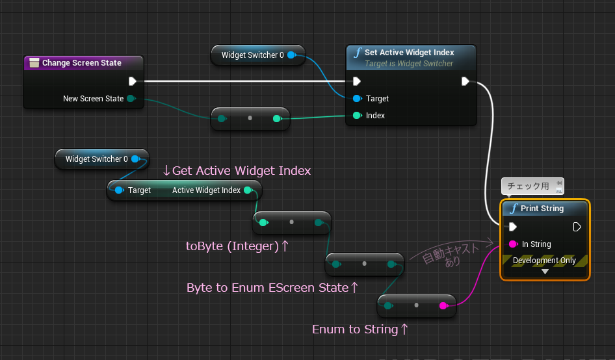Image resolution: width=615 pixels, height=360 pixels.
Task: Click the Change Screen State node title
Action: point(81,63)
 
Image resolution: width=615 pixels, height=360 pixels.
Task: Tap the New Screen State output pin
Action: point(131,98)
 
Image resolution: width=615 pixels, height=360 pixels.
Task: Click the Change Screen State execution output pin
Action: point(133,81)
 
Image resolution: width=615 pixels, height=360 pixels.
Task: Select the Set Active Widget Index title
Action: point(409,53)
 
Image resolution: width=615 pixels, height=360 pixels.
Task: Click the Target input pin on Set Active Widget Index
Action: point(357,98)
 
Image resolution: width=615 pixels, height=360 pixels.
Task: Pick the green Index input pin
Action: point(357,115)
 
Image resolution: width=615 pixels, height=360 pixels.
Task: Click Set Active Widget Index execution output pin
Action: point(465,81)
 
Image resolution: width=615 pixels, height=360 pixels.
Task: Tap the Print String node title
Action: point(542,209)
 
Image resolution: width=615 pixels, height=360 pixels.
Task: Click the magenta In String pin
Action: point(513,244)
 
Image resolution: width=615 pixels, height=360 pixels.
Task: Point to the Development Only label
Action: point(544,261)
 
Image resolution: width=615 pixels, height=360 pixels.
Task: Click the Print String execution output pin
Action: point(577,227)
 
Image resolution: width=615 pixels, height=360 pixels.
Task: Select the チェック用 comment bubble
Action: point(532,186)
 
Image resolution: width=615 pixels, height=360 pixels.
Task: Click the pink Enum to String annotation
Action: point(360,329)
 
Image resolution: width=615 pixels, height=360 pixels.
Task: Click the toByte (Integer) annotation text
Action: point(237,246)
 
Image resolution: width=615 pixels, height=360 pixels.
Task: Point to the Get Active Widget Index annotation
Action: point(237,171)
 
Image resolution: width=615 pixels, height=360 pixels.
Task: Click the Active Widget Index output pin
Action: point(248,190)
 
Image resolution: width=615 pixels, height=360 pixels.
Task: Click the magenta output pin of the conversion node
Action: point(443,305)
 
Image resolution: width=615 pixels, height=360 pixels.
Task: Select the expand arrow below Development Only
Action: point(545,272)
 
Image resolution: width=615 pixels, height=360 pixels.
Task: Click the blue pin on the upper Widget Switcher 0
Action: point(291,55)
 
